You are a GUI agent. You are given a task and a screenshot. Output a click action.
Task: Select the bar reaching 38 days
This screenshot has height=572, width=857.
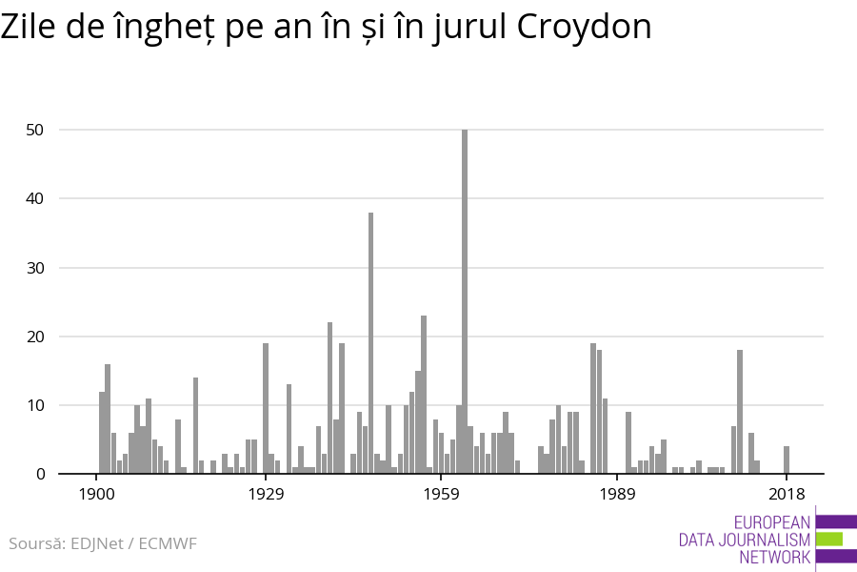370,343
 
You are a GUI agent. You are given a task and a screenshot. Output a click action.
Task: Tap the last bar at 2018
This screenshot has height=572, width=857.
787,460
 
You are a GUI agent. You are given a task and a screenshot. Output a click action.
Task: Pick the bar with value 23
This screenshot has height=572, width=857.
424,395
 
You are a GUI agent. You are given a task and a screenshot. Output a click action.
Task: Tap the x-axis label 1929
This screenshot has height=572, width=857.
267,494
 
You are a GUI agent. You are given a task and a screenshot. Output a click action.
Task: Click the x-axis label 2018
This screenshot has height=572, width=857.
787,494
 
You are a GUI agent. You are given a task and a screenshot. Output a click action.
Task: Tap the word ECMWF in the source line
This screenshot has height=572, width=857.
168,544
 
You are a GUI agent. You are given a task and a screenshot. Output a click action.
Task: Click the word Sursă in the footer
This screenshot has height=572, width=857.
33,544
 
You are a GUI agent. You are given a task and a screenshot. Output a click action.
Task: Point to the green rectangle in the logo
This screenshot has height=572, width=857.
829,539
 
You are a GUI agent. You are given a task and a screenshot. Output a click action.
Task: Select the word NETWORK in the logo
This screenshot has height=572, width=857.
774,557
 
